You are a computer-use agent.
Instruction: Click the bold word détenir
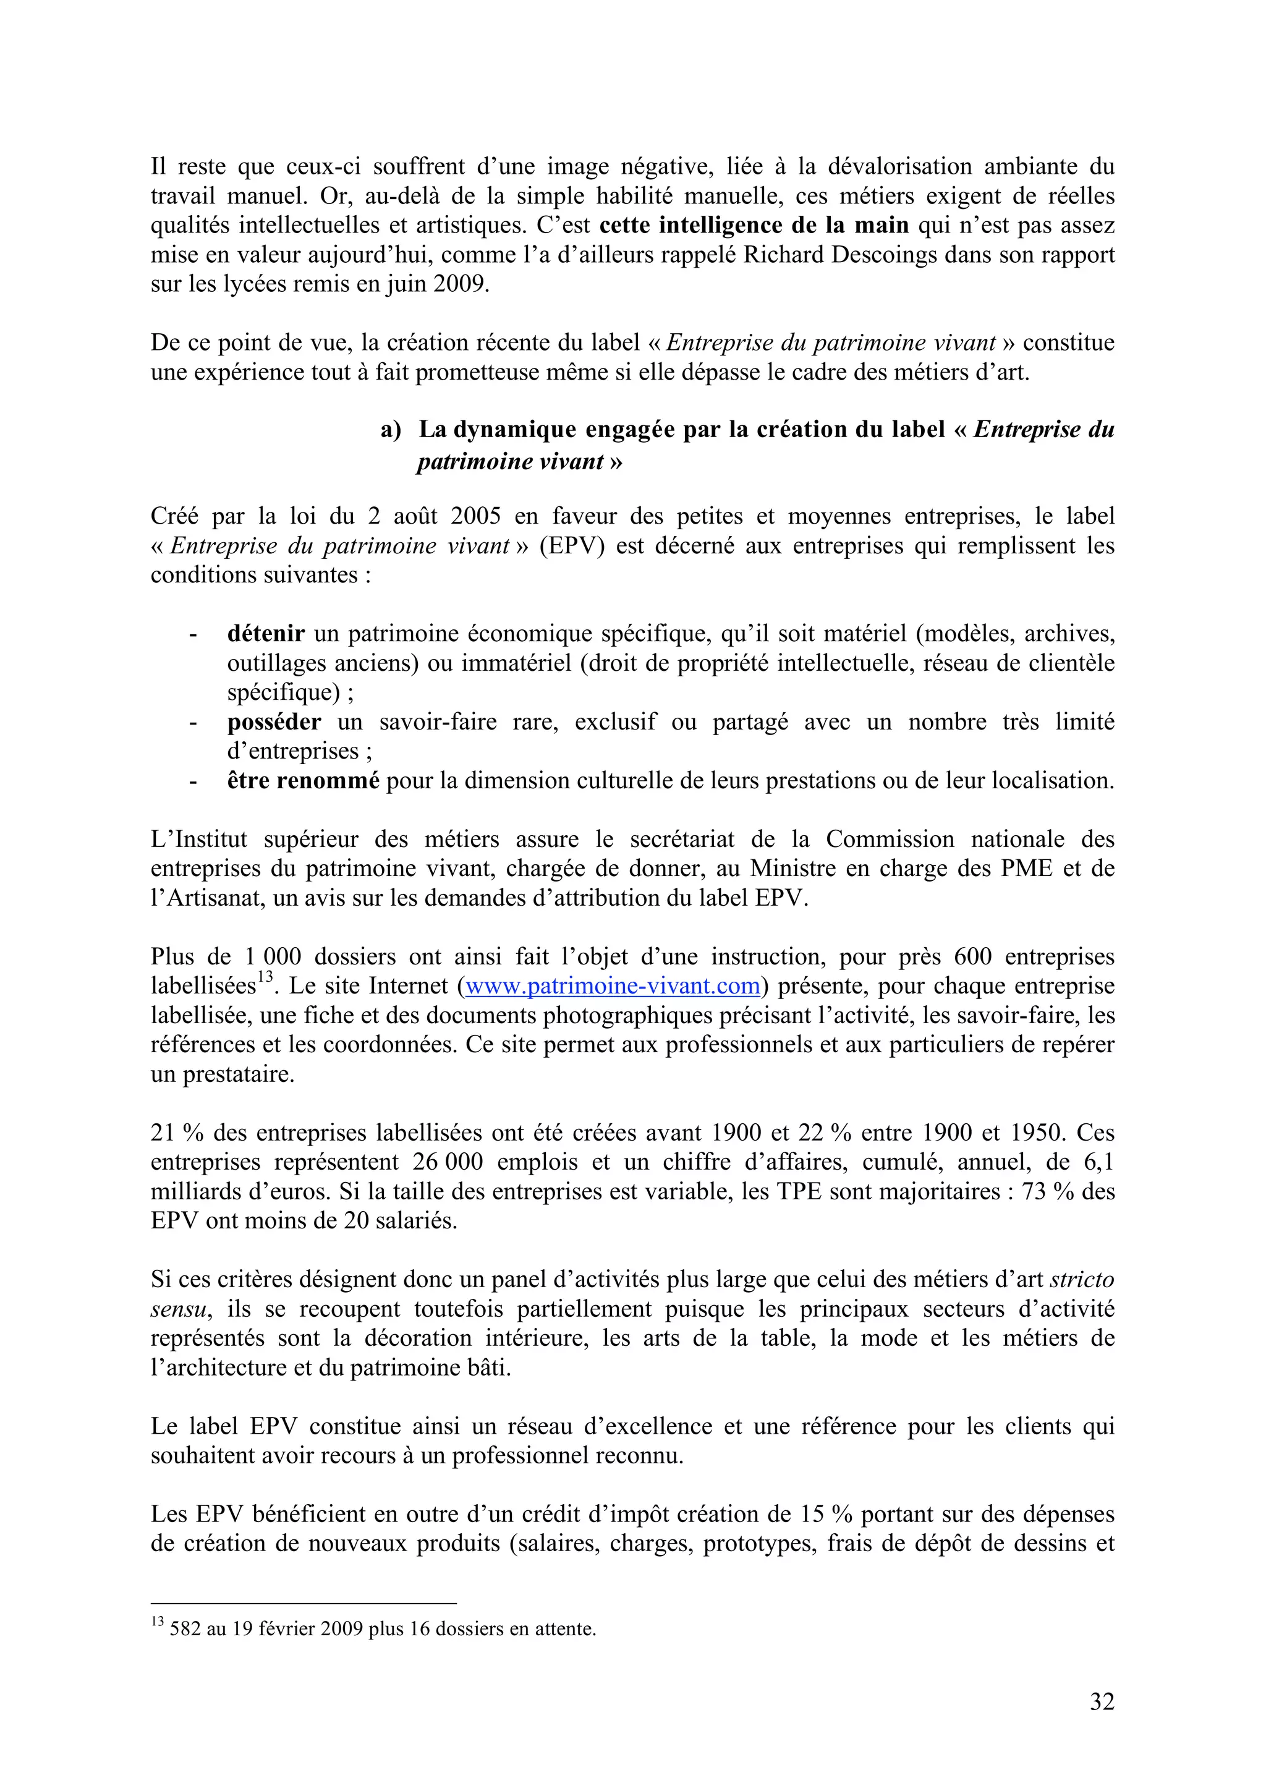click(x=265, y=634)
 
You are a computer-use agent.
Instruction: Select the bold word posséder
click(x=274, y=721)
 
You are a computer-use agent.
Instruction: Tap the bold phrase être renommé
click(x=303, y=780)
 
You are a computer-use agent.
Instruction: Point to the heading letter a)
click(x=390, y=430)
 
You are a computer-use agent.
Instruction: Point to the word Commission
click(x=890, y=840)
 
